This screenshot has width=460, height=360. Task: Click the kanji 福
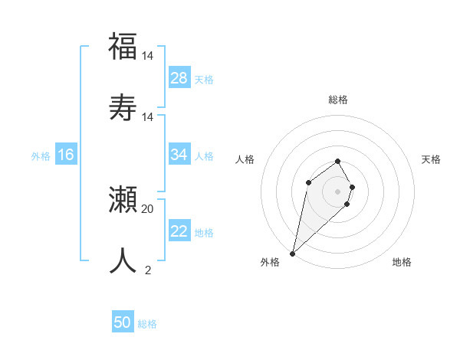click(123, 46)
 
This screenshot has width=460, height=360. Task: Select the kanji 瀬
click(123, 199)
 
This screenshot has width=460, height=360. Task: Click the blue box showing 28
click(179, 78)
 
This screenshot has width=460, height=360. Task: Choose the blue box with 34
click(179, 155)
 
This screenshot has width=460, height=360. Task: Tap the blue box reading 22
click(179, 231)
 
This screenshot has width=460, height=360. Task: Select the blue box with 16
click(66, 155)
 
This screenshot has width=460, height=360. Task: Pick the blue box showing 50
click(123, 322)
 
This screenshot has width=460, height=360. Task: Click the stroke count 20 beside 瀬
click(148, 208)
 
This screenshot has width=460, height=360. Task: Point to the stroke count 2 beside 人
click(148, 270)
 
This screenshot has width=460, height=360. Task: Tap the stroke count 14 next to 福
click(148, 56)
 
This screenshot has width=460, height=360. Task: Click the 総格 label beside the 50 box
click(147, 324)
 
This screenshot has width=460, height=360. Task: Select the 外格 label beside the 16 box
click(41, 156)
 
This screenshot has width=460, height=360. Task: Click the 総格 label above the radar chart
click(338, 100)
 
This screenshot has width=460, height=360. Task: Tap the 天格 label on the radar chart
click(432, 159)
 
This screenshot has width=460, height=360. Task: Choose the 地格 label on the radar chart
click(402, 262)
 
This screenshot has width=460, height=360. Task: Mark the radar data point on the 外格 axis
click(293, 253)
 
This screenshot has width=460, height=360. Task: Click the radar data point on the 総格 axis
click(338, 161)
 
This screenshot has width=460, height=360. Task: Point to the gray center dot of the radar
click(338, 191)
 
